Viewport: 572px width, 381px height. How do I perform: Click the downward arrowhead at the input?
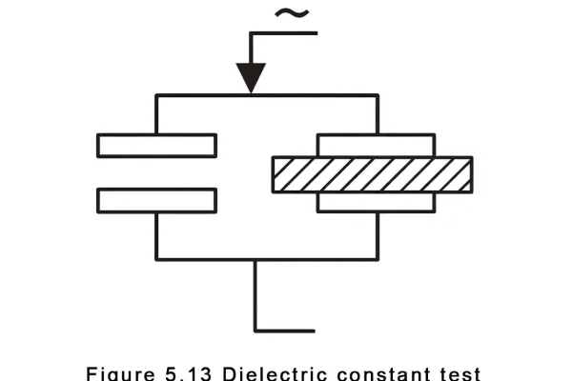pos(251,77)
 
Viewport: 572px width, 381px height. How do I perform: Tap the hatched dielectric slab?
pos(372,173)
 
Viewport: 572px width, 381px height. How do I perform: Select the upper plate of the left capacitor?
pos(156,145)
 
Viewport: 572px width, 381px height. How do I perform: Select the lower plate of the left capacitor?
pos(156,200)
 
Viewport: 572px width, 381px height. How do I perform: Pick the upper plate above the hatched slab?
pos(377,145)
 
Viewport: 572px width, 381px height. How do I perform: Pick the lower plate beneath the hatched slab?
pos(377,202)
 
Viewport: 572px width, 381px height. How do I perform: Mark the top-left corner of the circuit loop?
pos(156,95)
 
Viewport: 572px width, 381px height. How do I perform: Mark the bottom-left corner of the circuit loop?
pos(156,258)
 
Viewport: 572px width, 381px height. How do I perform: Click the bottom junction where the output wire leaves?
pos(255,258)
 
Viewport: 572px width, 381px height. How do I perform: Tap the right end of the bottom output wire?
pos(313,331)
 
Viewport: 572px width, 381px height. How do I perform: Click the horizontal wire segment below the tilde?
pos(283,33)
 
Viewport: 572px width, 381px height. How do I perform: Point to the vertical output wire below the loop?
pos(255,295)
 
